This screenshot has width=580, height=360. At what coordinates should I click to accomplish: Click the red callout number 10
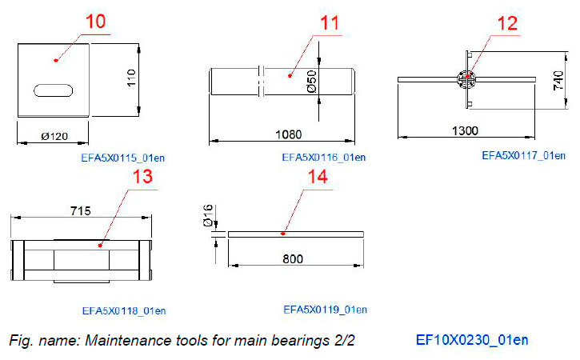point(95,22)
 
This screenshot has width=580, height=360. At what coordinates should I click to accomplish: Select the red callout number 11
point(330,23)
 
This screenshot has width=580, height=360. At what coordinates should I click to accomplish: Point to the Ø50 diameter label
point(310,82)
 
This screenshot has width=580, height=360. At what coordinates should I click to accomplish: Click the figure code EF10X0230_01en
point(472,340)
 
